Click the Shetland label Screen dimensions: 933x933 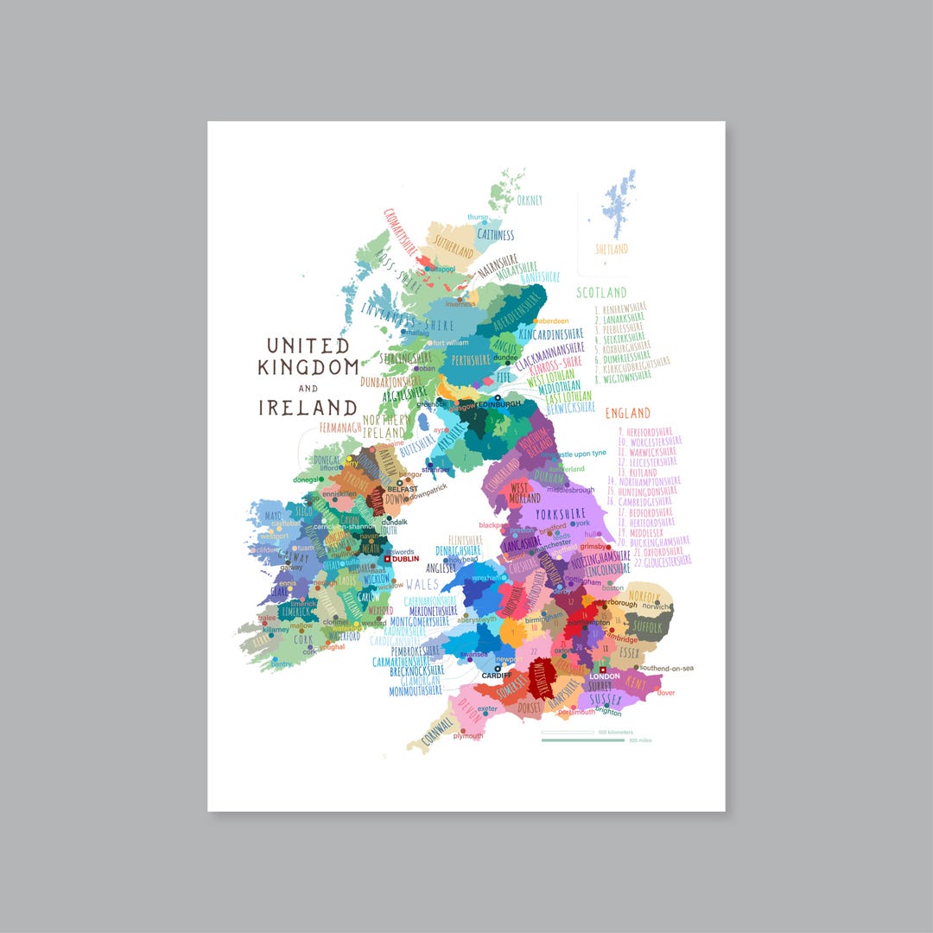[x=612, y=249]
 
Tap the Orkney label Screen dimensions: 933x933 [x=530, y=200]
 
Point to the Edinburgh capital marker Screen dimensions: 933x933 [x=498, y=397]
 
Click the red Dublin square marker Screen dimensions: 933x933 [x=388, y=559]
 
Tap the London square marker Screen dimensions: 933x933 [x=600, y=670]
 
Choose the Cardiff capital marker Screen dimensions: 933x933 [x=498, y=668]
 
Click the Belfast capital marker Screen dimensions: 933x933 [x=399, y=482]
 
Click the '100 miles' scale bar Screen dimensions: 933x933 [x=583, y=739]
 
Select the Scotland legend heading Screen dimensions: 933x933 [x=601, y=293]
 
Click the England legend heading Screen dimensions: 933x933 [x=628, y=413]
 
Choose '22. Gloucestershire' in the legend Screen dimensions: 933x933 [x=656, y=561]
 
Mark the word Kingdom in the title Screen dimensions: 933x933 [x=308, y=366]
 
